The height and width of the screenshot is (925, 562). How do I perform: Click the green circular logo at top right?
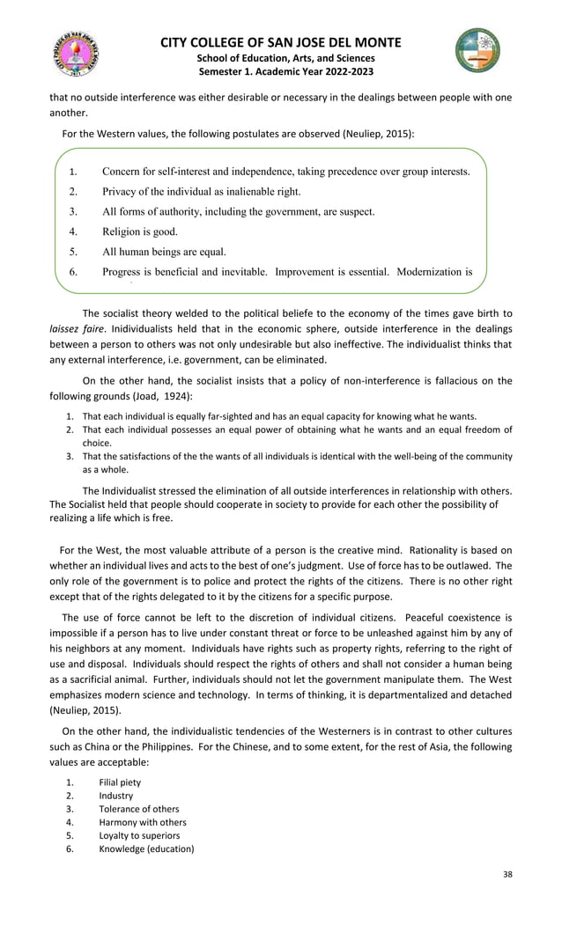coord(477,50)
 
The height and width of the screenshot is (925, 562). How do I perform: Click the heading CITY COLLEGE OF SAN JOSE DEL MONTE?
coord(281,42)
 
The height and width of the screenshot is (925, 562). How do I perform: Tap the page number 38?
coord(506,874)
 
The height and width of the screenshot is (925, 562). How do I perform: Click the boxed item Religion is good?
coord(140,232)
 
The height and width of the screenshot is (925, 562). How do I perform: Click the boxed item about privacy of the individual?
coord(201,191)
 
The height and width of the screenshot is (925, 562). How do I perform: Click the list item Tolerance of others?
coord(138,809)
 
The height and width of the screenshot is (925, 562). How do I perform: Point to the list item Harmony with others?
coord(142,822)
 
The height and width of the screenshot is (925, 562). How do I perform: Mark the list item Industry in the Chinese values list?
coord(116,796)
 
